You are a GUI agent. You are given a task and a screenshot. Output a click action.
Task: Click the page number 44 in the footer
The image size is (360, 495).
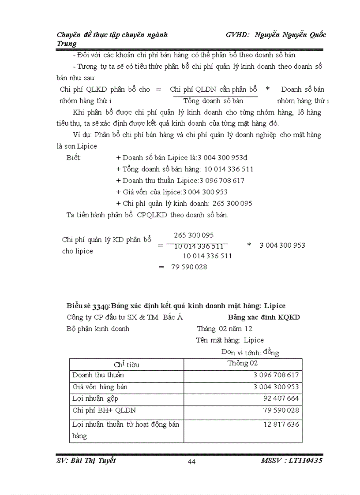coord(191,462)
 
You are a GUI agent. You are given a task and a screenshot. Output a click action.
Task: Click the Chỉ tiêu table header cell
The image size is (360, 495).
coord(126,365)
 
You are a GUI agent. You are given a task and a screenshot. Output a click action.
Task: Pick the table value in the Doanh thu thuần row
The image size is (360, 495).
coord(276,376)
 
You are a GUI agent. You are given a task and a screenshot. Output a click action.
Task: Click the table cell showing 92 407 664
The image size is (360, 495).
coord(281,398)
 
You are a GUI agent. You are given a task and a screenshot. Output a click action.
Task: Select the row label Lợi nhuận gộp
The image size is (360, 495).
coord(95,398)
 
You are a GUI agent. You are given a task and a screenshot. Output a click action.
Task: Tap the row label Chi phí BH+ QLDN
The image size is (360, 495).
coord(104,410)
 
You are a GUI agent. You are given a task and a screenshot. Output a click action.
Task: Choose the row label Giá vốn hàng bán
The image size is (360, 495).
coord(100,387)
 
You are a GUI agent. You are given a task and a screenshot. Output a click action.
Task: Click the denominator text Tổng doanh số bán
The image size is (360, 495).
coord(213,100)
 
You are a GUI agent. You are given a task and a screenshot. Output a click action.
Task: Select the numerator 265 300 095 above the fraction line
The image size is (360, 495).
coord(194,235)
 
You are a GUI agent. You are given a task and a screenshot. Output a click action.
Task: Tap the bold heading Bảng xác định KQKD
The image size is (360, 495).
coord(264,317)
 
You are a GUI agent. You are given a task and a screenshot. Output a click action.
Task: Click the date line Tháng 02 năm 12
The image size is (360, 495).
coord(225,329)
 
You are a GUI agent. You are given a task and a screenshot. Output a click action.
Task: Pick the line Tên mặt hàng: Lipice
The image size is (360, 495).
coord(230,340)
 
